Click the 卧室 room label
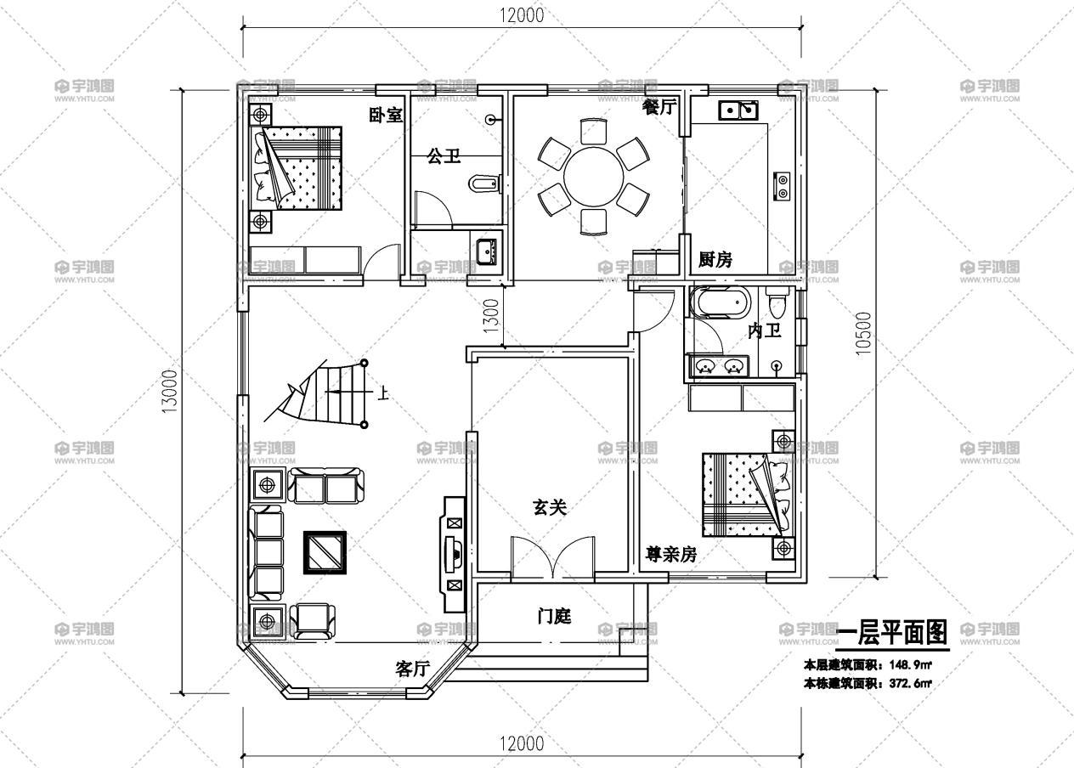coord(385,116)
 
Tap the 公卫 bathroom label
coord(443,156)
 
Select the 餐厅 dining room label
coord(659,107)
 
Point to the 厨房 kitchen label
coord(715,260)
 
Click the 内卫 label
coord(764,330)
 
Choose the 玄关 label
coord(549,507)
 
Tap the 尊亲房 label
coord(671,555)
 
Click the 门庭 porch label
coord(554,616)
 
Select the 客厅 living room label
coord(412,669)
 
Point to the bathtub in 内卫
coord(719,302)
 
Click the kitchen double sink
coord(738,110)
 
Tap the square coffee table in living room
coord(325,553)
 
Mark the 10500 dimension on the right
coord(863,333)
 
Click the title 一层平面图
coord(891,633)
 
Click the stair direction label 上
coord(383,393)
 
